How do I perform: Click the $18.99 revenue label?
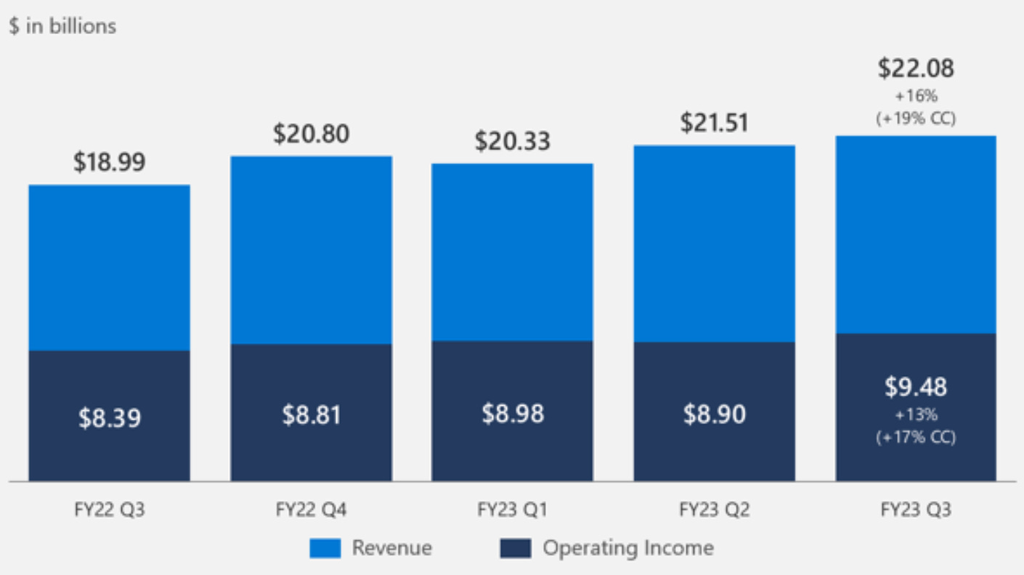tap(109, 163)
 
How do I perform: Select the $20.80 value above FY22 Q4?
tap(311, 134)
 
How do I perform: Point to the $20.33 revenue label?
tap(513, 141)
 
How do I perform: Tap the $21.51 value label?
tap(715, 123)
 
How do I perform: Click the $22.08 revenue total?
tap(916, 68)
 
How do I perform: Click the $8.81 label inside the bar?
tap(312, 415)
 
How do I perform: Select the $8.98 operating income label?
tap(513, 413)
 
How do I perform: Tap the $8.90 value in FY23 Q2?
tap(715, 414)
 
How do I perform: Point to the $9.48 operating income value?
tap(916, 387)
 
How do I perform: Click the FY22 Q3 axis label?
tap(110, 510)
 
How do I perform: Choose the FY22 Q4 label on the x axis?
tap(312, 510)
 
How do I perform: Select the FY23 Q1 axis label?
tap(513, 510)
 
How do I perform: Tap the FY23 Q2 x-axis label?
tap(715, 510)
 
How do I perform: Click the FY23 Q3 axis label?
tap(916, 510)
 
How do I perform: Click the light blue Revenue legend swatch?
tap(325, 548)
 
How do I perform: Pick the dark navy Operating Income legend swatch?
tap(516, 548)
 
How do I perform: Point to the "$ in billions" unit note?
tap(62, 26)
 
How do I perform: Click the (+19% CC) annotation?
tap(916, 118)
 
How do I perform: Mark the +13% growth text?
tap(916, 415)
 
